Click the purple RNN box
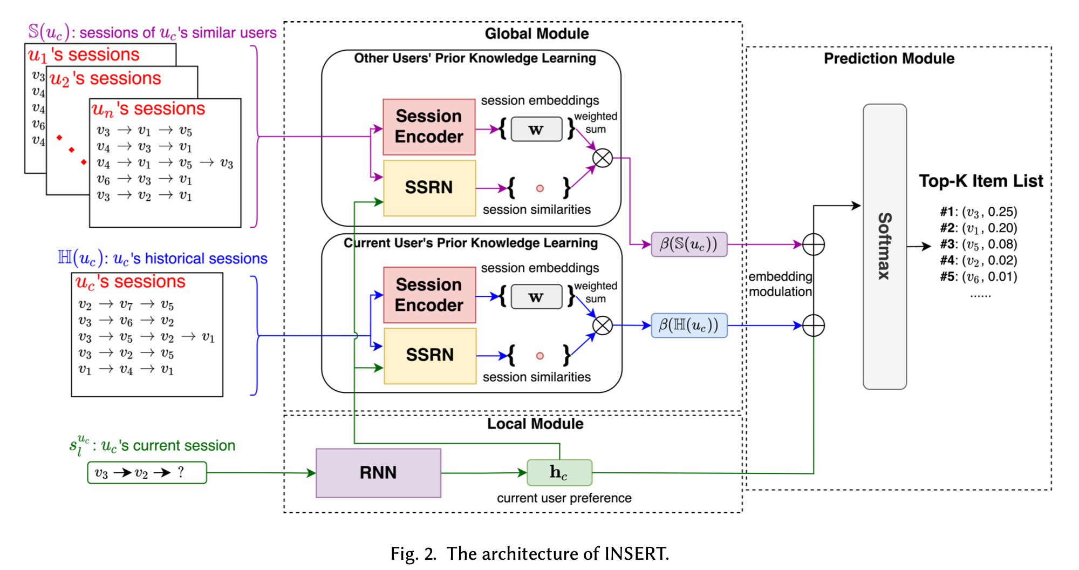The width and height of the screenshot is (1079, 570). [x=378, y=473]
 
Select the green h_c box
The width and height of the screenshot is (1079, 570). [x=559, y=472]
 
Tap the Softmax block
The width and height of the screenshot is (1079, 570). [x=884, y=246]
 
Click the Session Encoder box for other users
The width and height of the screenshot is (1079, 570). [x=429, y=127]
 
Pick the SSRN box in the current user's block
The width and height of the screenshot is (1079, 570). [x=429, y=355]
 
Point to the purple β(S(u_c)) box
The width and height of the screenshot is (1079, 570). [x=689, y=245]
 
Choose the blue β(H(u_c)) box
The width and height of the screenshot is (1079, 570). [x=689, y=325]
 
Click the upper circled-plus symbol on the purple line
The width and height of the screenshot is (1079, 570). [x=813, y=245]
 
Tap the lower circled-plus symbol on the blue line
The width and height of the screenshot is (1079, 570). [x=813, y=325]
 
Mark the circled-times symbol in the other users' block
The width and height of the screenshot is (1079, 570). [x=603, y=158]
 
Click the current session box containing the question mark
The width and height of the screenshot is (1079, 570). [x=147, y=473]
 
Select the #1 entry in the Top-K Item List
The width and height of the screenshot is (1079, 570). [x=978, y=212]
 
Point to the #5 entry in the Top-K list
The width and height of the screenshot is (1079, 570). [x=978, y=277]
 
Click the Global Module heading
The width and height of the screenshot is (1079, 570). [x=536, y=33]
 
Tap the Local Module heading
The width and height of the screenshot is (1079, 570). [x=535, y=424]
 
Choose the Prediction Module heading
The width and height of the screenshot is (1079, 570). [x=889, y=58]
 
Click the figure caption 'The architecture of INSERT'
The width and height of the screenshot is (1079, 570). [x=529, y=554]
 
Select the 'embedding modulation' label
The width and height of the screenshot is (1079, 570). [x=780, y=284]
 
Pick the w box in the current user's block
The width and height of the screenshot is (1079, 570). [x=536, y=297]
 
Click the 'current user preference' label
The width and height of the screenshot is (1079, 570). [x=564, y=498]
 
